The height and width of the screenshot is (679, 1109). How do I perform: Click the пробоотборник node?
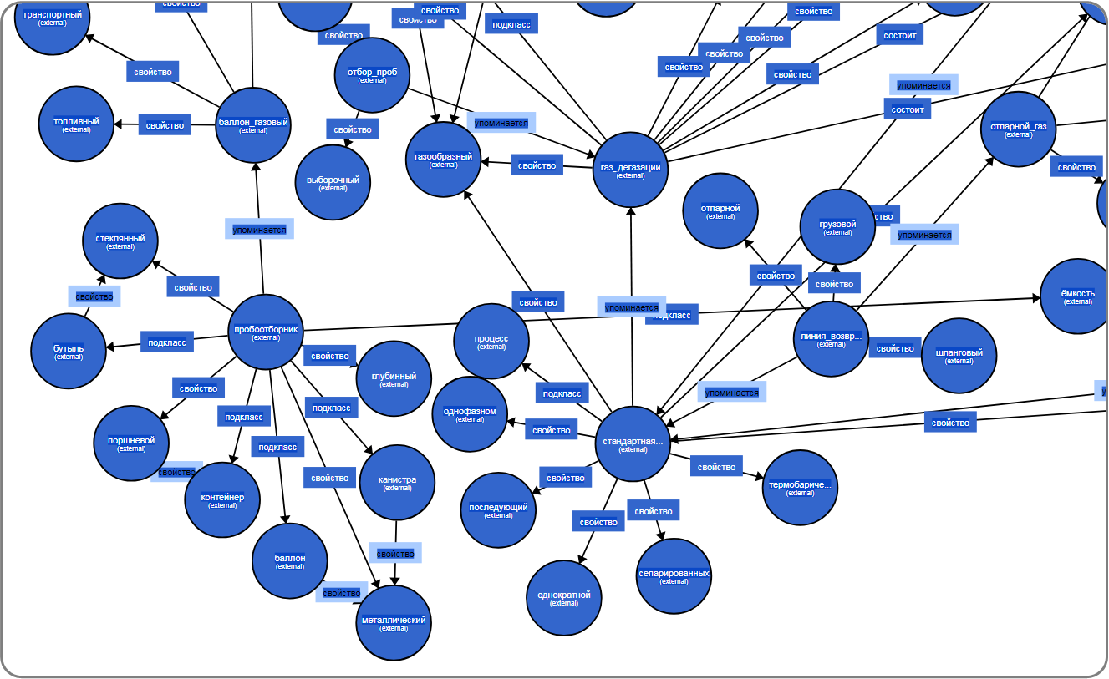(x=266, y=332)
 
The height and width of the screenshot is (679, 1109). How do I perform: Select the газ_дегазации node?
(x=630, y=170)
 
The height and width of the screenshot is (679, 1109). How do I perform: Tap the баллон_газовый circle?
(x=253, y=125)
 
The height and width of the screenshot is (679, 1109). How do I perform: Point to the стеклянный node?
(x=120, y=241)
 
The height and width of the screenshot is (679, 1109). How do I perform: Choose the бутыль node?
(x=69, y=352)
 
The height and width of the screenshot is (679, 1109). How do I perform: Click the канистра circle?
(x=397, y=483)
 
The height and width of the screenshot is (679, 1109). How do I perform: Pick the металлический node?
(x=394, y=623)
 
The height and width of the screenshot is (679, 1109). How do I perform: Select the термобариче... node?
(x=800, y=488)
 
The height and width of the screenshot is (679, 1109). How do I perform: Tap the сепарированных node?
(x=674, y=576)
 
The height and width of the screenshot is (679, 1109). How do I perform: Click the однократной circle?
(x=564, y=598)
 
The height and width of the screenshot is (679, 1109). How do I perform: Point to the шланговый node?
(x=959, y=356)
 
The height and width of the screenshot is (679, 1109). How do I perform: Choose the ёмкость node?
(x=1077, y=296)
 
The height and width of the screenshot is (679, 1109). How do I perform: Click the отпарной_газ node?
(x=1018, y=129)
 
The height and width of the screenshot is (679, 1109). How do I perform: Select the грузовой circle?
(x=837, y=227)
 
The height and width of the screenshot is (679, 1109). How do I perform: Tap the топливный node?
(x=76, y=124)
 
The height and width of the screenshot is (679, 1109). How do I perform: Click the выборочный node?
(x=333, y=183)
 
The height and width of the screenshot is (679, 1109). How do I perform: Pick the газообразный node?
(x=444, y=160)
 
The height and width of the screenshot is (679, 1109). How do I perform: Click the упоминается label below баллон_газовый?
(x=259, y=229)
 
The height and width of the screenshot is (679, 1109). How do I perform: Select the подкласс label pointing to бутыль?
(x=167, y=342)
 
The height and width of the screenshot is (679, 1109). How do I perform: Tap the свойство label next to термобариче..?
(x=716, y=467)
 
